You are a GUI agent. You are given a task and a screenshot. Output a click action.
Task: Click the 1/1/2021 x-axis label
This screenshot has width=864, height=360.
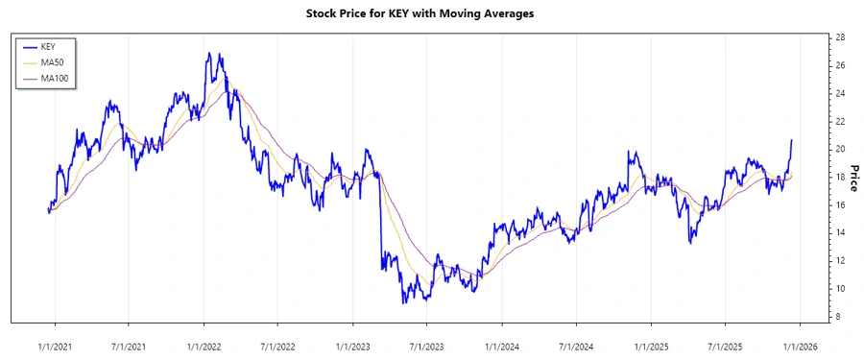(x=54, y=345)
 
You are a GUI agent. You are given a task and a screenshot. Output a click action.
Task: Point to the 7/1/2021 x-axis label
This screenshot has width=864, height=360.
(x=129, y=345)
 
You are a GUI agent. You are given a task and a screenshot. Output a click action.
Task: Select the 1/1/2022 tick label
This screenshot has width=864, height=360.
(x=204, y=345)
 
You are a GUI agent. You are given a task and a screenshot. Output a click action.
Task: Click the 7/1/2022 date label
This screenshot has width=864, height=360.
(x=277, y=345)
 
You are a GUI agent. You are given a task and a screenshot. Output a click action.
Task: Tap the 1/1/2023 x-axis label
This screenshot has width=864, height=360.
(x=352, y=345)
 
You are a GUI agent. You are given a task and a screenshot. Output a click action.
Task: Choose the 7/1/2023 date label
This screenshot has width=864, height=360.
(x=426, y=345)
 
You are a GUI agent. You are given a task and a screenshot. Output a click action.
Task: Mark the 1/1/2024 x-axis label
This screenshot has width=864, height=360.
(x=501, y=345)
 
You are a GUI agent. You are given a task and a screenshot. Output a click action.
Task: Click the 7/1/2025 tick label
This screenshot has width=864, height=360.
(x=725, y=345)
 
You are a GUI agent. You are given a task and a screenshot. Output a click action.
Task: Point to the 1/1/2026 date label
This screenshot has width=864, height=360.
(x=800, y=345)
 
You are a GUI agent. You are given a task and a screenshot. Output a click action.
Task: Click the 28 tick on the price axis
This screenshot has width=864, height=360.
(x=840, y=37)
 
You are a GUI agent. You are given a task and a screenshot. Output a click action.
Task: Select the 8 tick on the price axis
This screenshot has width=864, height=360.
(x=838, y=317)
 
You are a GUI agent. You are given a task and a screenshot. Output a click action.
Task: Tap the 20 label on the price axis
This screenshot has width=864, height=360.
(x=840, y=149)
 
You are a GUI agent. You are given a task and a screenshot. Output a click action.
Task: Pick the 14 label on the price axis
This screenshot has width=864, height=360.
(x=840, y=233)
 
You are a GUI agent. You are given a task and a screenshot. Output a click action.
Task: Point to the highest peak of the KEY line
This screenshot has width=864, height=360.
(x=208, y=54)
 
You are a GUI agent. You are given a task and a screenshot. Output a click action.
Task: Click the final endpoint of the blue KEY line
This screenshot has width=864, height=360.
(x=792, y=140)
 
